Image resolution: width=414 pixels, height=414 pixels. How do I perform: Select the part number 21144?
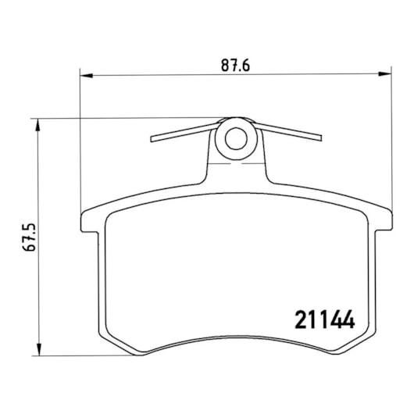pos(324,319)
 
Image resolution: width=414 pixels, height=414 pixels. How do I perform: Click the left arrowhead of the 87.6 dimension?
pos(87,76)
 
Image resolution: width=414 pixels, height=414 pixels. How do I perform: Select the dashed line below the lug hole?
pos(235,165)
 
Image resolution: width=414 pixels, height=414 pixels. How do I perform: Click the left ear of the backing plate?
pos(87,219)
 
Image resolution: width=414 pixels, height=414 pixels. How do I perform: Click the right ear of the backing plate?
pos(383,219)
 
